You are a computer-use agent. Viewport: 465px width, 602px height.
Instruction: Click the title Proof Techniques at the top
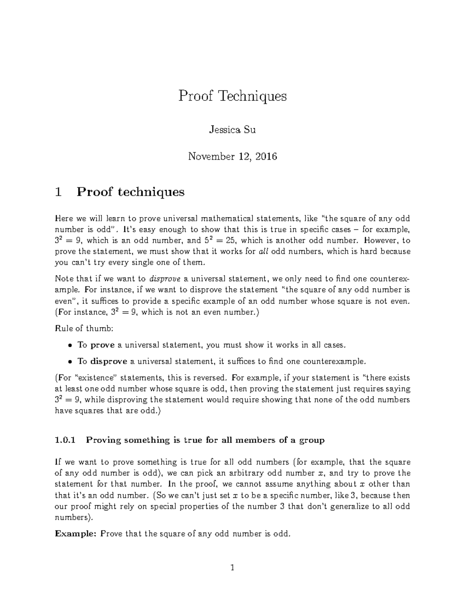[x=232, y=96]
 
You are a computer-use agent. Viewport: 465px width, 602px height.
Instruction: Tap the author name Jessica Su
[x=232, y=130]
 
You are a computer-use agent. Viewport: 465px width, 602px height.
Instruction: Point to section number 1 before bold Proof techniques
[x=59, y=192]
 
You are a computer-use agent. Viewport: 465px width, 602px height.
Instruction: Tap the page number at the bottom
[x=232, y=568]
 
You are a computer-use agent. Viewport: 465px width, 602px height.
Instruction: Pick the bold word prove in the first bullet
[x=102, y=345]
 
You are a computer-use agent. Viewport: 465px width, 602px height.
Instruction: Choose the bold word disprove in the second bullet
[x=108, y=362]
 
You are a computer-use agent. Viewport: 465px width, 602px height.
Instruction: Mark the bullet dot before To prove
[x=70, y=345]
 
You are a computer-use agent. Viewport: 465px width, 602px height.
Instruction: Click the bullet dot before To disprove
[x=70, y=362]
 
